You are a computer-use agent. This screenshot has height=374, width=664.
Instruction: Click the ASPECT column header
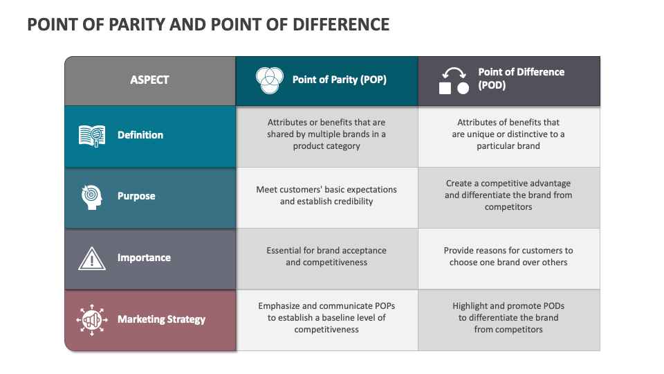click(149, 80)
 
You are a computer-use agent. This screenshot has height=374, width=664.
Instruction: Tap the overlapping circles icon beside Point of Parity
click(269, 80)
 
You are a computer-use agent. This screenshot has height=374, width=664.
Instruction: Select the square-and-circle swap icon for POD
click(454, 80)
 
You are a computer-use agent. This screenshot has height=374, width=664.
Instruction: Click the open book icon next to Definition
click(92, 136)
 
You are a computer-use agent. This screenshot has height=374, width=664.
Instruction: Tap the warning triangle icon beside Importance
click(92, 258)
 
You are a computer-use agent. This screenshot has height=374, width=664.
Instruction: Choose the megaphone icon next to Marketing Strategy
click(92, 320)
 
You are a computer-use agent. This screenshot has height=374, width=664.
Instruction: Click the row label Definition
click(140, 135)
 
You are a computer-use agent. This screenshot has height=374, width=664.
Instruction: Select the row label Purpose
click(136, 196)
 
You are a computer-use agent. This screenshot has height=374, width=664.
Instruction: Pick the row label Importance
click(144, 258)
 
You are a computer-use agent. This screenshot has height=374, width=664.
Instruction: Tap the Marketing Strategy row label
click(161, 319)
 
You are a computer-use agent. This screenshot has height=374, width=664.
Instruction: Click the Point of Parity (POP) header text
click(339, 80)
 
